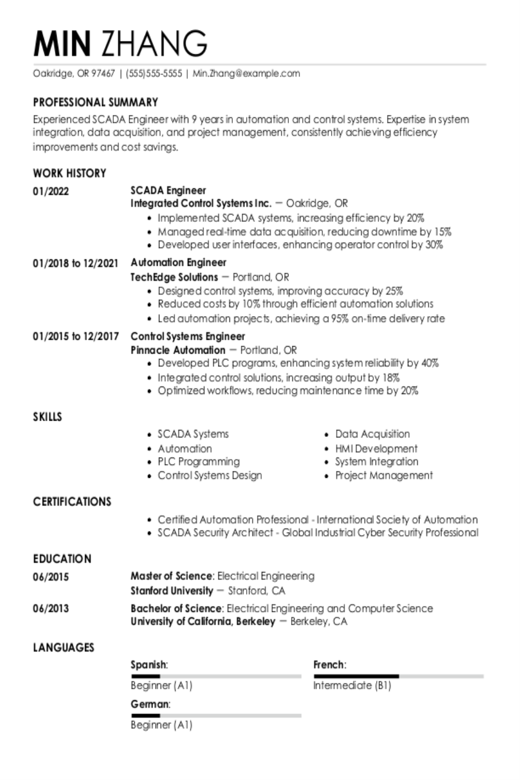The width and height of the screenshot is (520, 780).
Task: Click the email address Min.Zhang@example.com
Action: click(247, 73)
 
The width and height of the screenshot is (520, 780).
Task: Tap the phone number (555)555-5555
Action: click(154, 73)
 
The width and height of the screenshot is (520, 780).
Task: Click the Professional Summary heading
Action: click(95, 102)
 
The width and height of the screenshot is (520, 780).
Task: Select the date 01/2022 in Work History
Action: click(51, 191)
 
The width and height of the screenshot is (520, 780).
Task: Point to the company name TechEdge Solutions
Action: click(174, 277)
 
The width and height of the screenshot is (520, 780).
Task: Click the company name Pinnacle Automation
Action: click(178, 350)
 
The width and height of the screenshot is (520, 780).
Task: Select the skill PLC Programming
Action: click(199, 462)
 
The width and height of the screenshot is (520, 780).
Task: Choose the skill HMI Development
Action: click(376, 448)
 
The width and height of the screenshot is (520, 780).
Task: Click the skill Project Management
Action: click(384, 476)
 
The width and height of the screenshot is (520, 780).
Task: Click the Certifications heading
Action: click(72, 502)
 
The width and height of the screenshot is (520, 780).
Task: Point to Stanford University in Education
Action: click(172, 590)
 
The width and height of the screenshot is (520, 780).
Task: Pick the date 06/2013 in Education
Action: click(51, 608)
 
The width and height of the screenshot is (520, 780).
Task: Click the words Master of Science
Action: click(172, 576)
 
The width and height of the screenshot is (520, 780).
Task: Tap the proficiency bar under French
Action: click(398, 676)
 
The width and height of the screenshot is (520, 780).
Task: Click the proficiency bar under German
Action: click(216, 715)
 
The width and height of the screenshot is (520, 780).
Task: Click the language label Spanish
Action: click(148, 665)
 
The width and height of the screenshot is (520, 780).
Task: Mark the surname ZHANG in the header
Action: click(154, 43)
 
